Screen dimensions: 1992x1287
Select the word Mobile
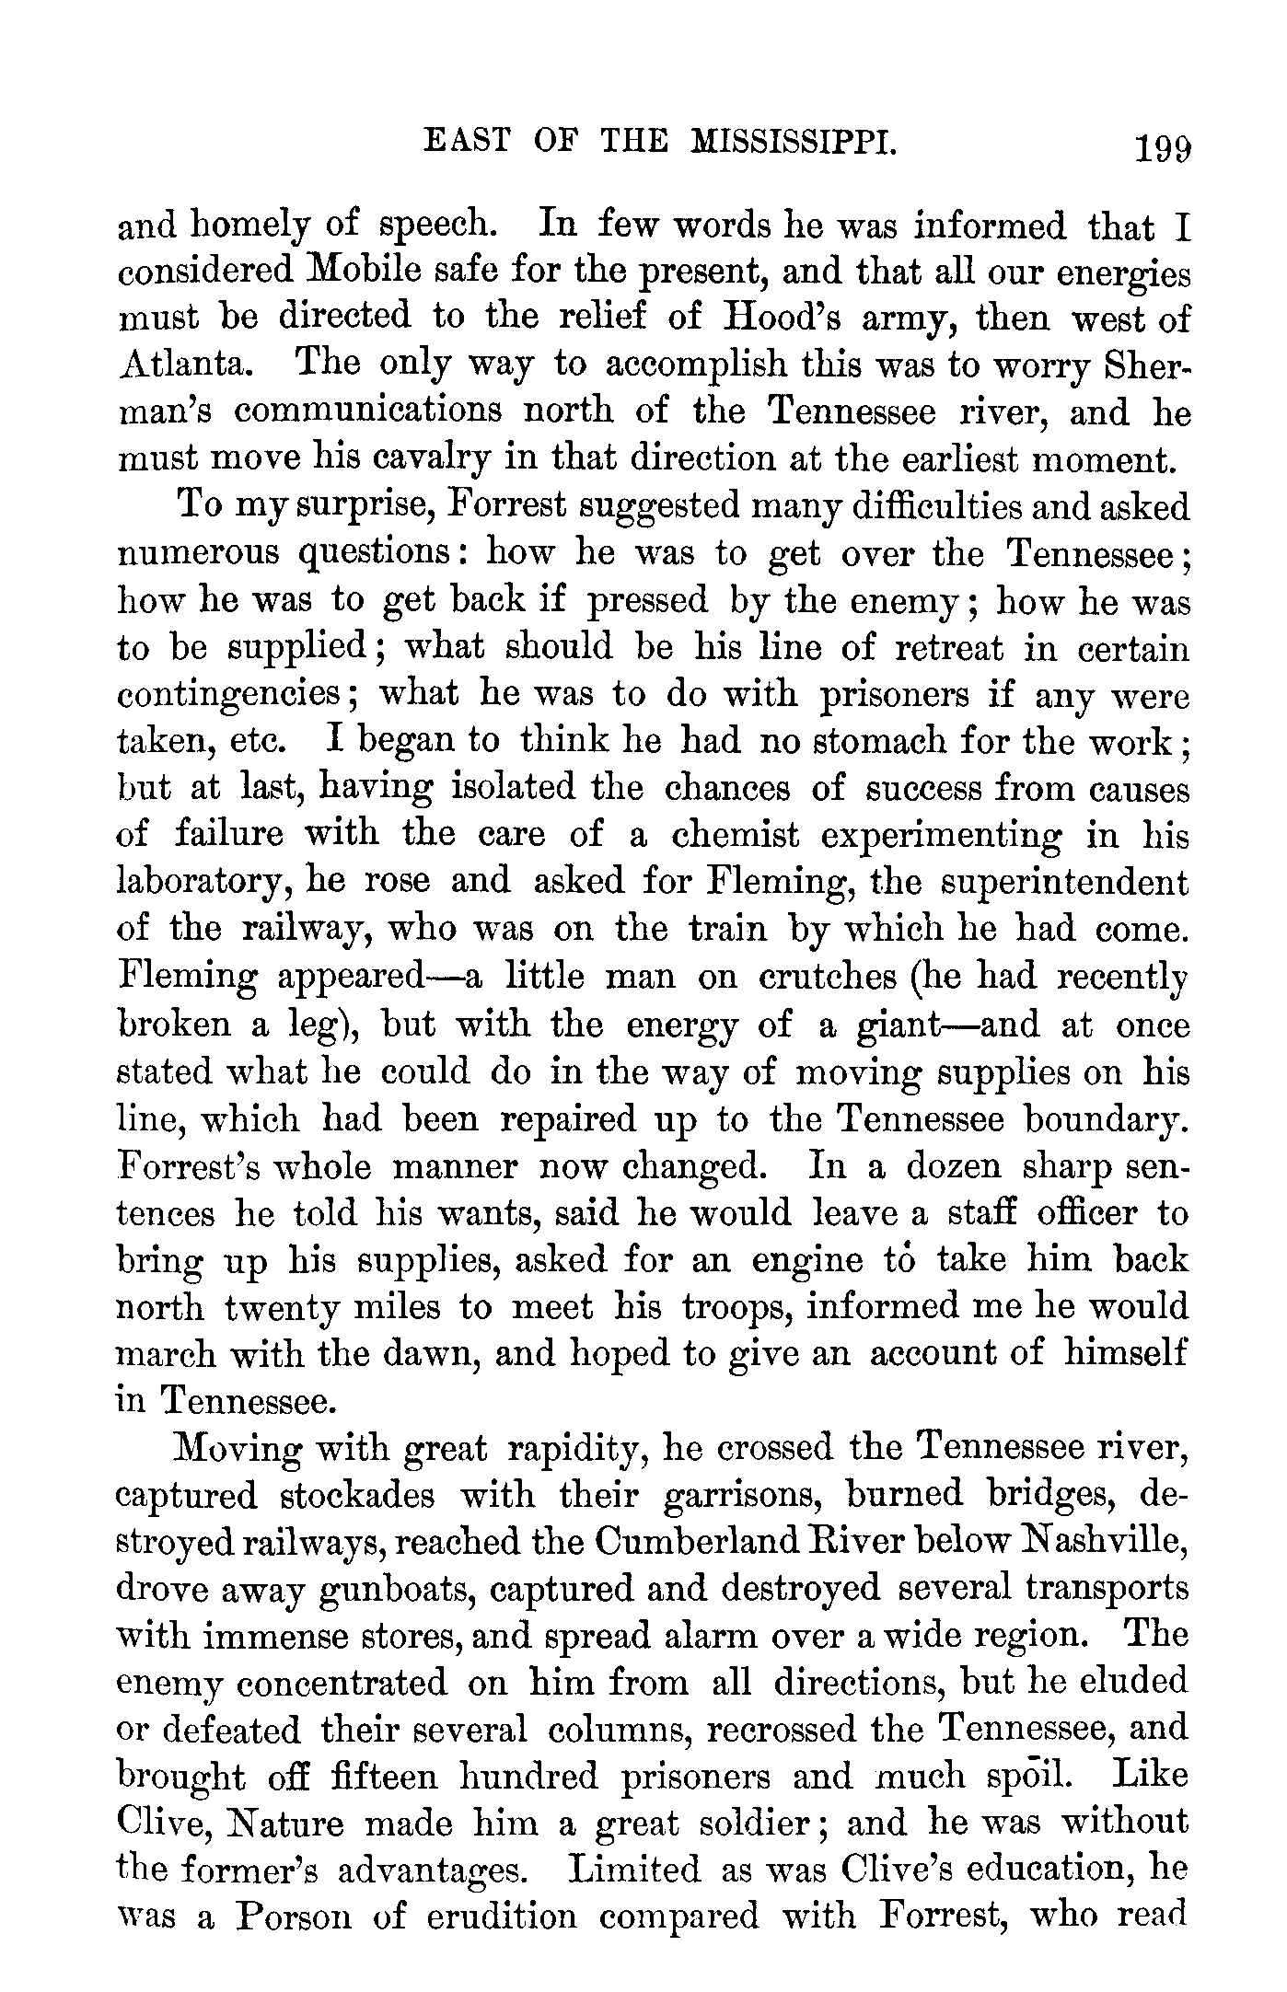click(365, 272)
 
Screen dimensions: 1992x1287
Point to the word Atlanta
click(183, 364)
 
